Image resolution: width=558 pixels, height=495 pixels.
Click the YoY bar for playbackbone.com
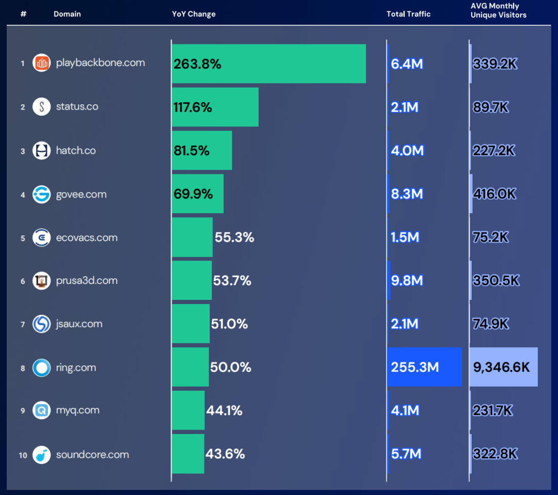point(269,63)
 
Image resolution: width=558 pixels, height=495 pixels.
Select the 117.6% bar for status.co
point(215,107)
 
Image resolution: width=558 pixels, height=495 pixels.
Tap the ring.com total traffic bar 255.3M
point(424,367)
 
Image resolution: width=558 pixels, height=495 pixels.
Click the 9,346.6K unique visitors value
point(502,367)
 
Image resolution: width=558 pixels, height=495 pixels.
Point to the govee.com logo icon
point(41,194)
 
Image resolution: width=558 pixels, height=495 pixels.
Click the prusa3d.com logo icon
point(41,281)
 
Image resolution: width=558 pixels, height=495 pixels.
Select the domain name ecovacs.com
point(87,237)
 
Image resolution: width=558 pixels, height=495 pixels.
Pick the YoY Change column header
point(194,14)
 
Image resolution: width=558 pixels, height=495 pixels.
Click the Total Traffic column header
point(408,14)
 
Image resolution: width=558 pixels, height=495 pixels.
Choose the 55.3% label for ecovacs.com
point(235,237)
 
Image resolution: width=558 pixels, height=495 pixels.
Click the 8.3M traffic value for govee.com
point(407,194)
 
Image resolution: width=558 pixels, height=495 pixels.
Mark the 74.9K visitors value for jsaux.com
point(491,324)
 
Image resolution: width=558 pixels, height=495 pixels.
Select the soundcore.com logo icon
point(41,455)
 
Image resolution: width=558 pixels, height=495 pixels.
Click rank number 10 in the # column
point(23,455)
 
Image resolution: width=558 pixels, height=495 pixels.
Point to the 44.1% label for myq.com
point(224,410)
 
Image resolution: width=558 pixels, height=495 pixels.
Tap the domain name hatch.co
point(76,151)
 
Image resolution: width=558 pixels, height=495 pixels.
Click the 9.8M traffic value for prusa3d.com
point(407,280)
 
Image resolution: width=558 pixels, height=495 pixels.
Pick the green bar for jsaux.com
point(191,324)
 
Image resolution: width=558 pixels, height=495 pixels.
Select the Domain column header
point(67,14)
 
